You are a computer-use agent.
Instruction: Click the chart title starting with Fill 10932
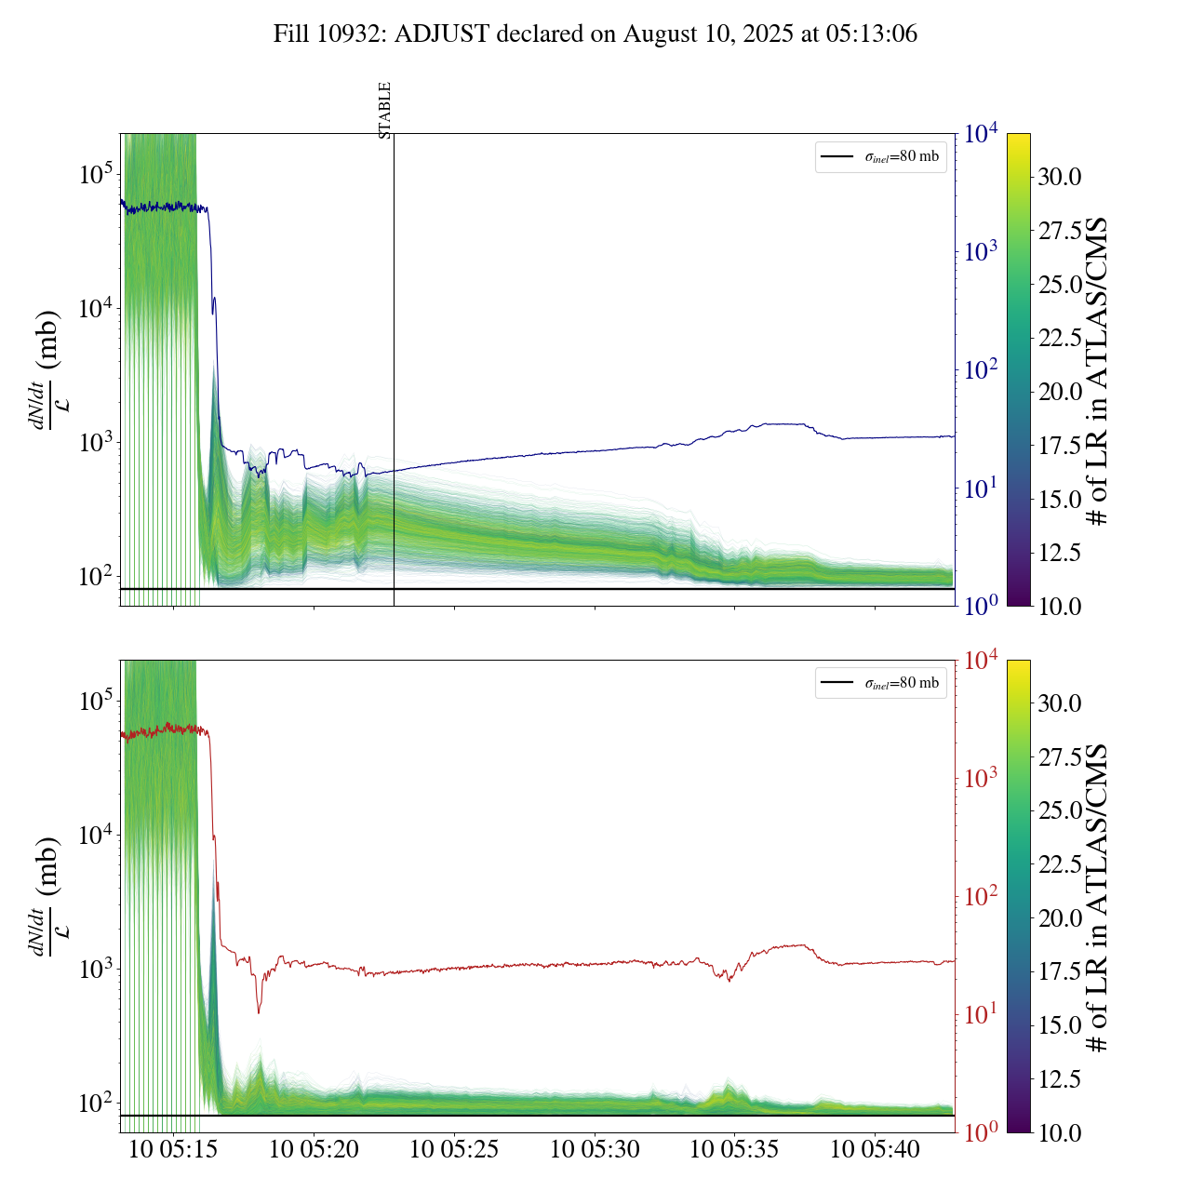[595, 34]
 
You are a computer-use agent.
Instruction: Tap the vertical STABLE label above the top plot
[385, 110]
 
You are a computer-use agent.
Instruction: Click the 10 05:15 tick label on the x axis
[173, 1149]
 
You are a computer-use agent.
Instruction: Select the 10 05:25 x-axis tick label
[454, 1149]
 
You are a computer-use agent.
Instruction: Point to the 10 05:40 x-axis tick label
[875, 1149]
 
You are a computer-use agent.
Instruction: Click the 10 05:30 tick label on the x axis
[595, 1149]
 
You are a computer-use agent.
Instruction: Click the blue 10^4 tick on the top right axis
[982, 134]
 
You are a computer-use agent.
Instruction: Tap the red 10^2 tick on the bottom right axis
[982, 896]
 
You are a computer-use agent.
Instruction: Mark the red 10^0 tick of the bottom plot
[982, 1132]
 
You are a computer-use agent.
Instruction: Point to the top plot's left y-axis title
[45, 369]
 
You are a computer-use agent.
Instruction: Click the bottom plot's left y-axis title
[45, 896]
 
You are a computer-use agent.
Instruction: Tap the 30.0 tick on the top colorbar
[1060, 177]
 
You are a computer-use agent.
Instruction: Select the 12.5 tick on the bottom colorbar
[1060, 1079]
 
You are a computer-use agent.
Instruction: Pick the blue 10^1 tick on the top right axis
[982, 488]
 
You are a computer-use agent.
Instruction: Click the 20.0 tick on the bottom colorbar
[1060, 918]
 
